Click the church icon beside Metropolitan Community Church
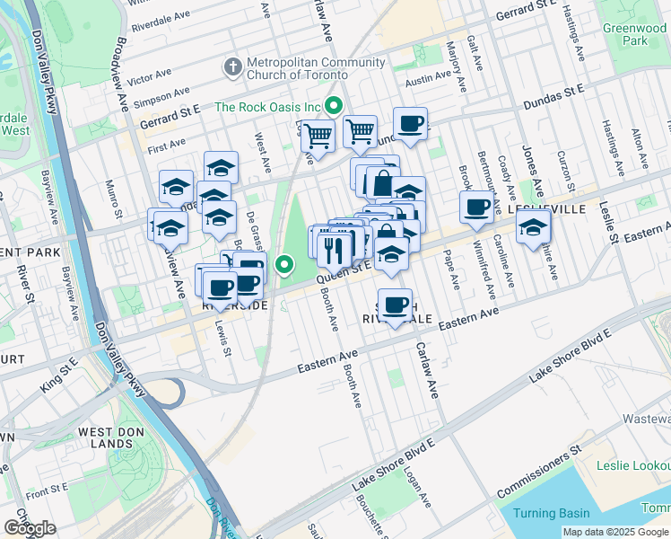232,67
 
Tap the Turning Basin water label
552,513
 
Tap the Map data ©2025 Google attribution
614,532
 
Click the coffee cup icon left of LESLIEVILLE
475,207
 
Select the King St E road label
59,378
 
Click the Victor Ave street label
150,76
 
